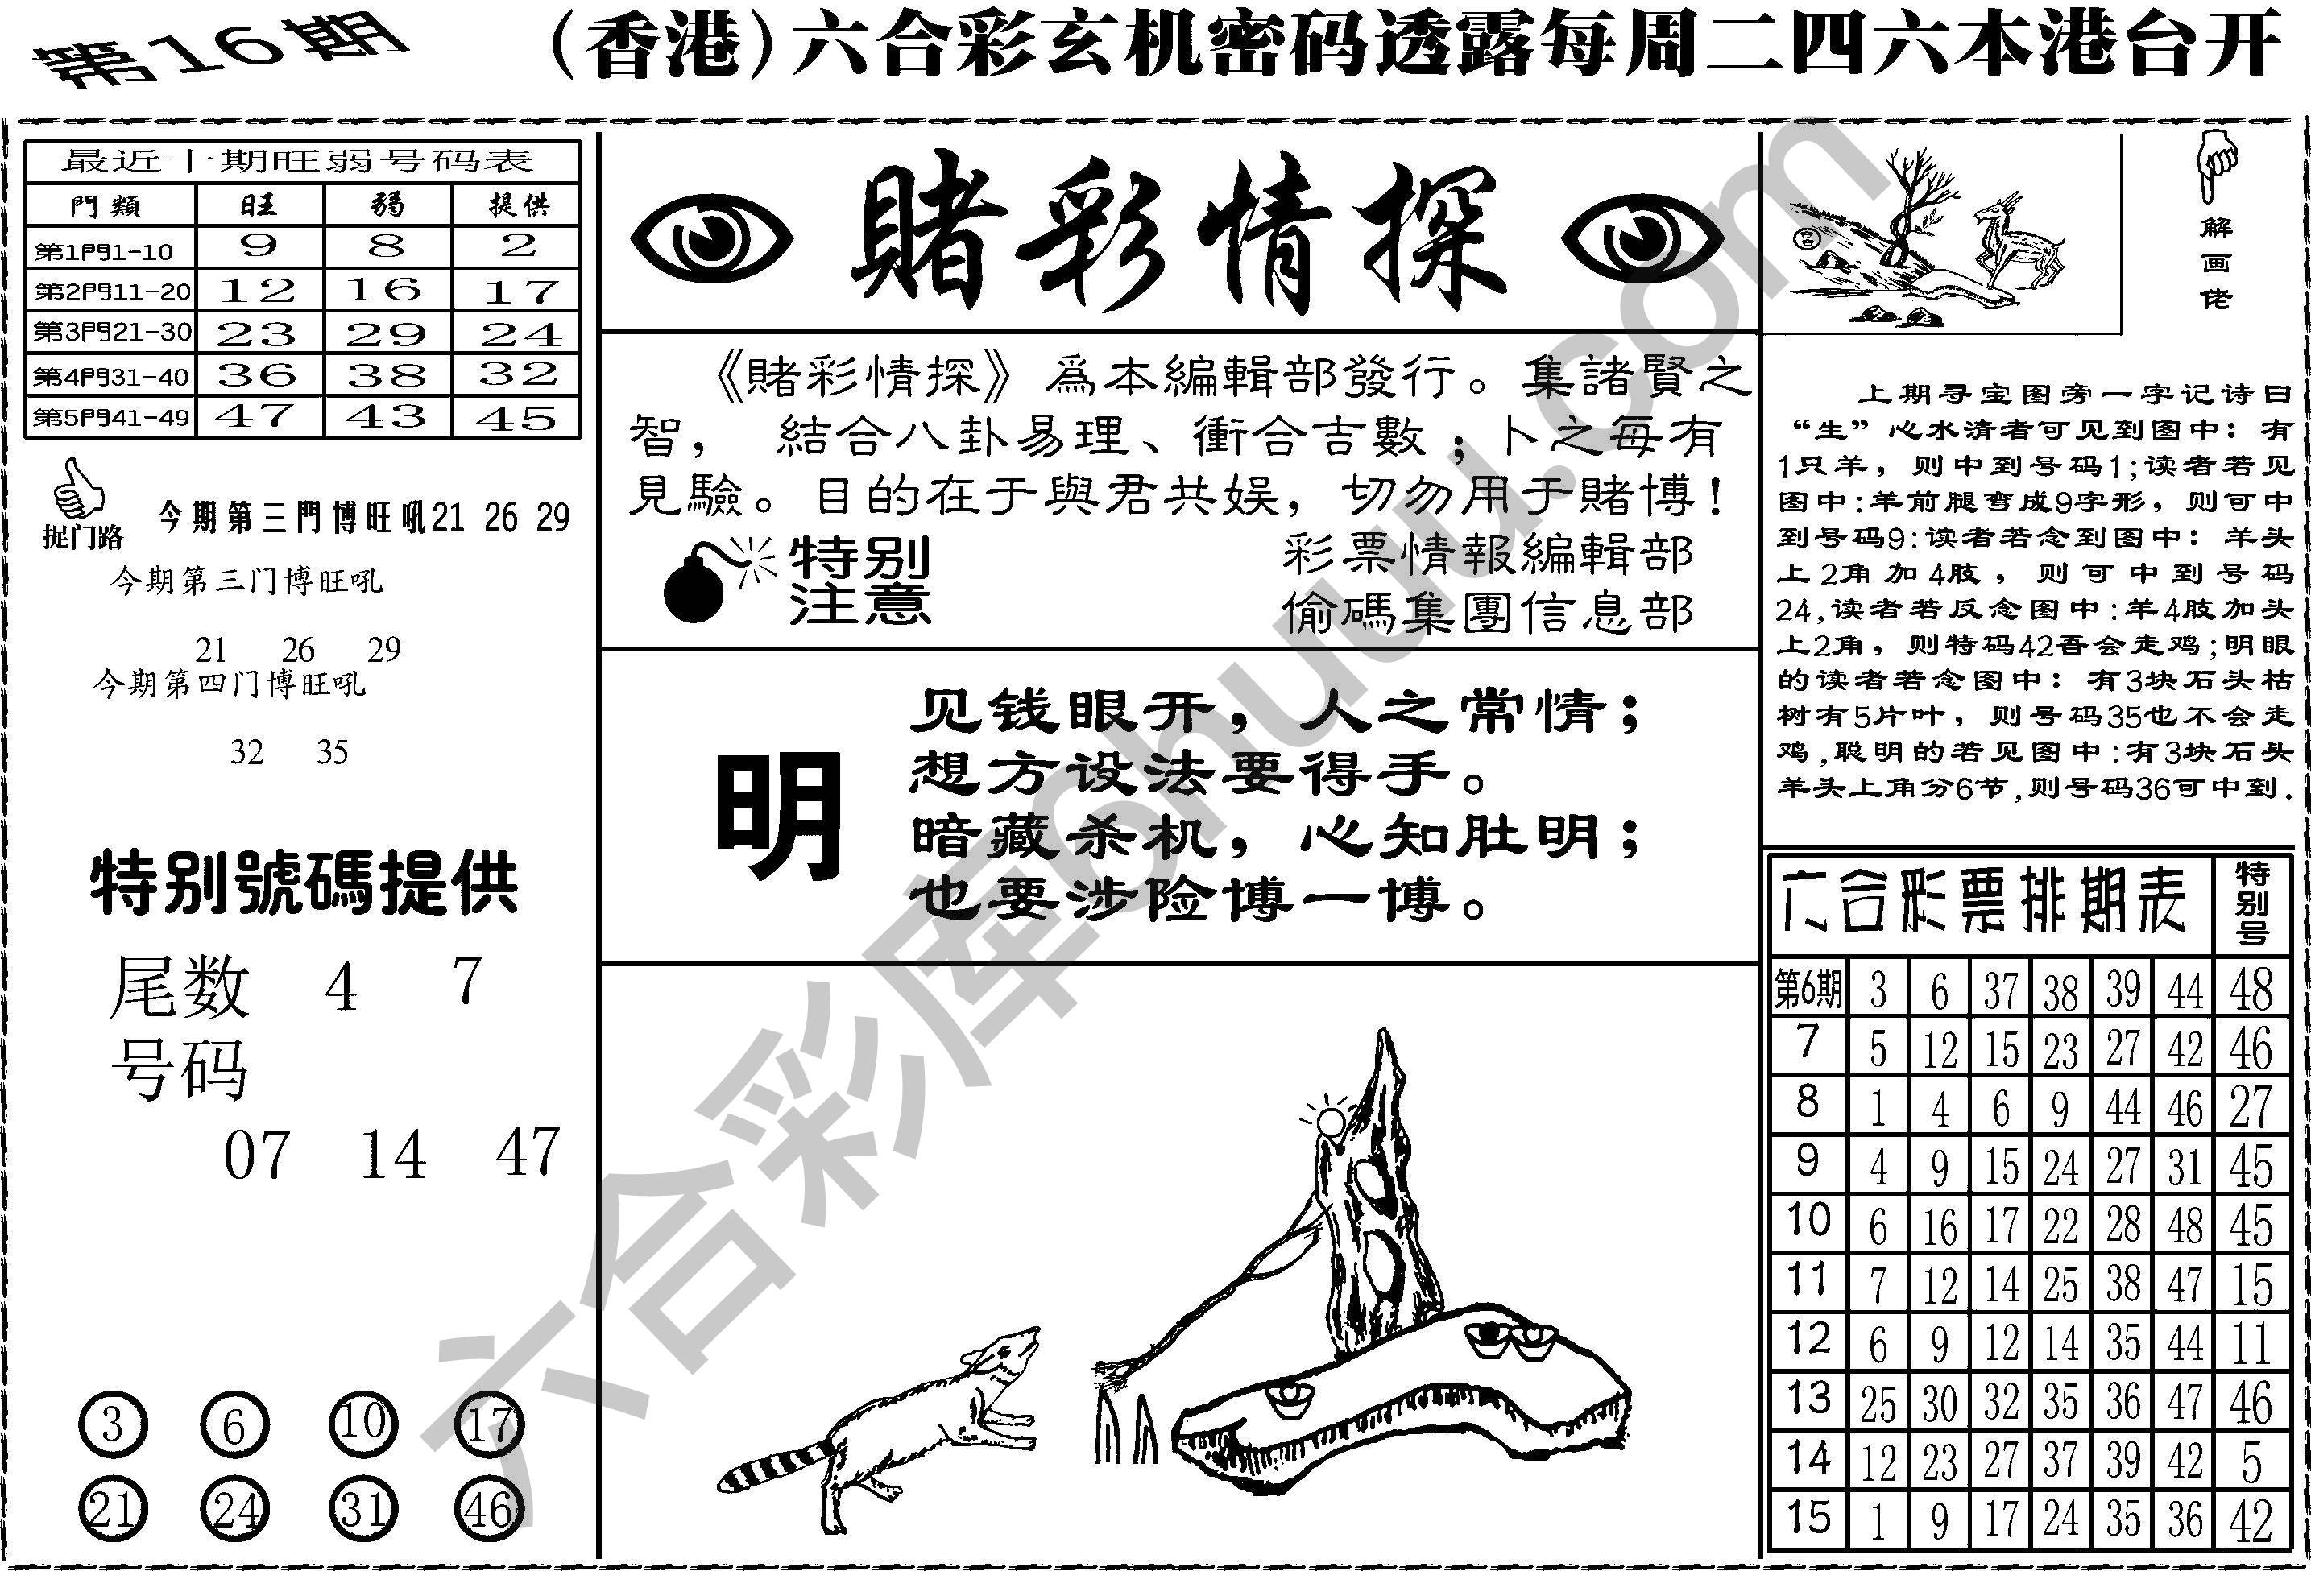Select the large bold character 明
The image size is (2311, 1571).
click(779, 816)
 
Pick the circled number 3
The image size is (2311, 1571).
click(112, 1424)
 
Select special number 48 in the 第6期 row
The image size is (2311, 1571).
click(2251, 990)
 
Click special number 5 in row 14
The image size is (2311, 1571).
click(2251, 1461)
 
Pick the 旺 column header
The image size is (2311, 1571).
click(259, 205)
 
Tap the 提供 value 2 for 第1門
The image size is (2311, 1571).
click(517, 246)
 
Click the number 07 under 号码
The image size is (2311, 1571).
click(257, 1156)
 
